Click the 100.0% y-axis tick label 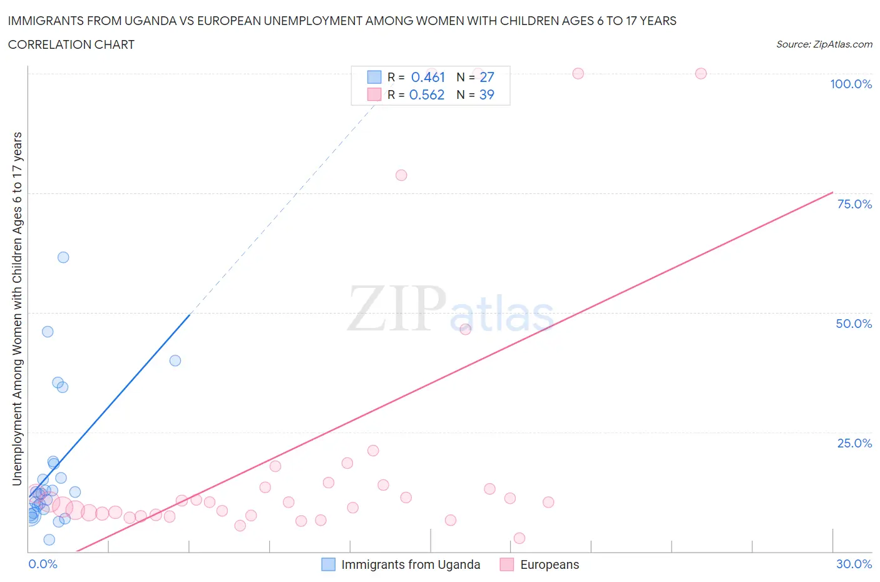(x=851, y=84)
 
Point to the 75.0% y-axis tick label (x=854, y=204)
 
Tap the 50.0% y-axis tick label (x=854, y=324)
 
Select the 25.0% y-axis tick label (x=854, y=443)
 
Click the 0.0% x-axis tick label (x=43, y=564)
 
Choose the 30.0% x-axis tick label (x=854, y=564)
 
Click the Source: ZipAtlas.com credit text (x=824, y=44)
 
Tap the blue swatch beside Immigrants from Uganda (x=329, y=564)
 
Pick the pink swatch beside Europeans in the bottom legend (x=506, y=564)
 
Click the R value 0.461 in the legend (x=427, y=77)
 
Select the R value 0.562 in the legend (x=426, y=94)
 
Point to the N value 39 (x=486, y=94)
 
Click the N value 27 (x=486, y=77)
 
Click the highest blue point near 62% (x=63, y=257)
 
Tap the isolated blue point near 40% (x=175, y=360)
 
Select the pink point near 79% (x=401, y=175)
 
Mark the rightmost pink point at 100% (x=701, y=74)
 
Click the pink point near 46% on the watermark (x=465, y=330)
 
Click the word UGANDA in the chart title (x=153, y=21)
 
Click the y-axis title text (x=17, y=309)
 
